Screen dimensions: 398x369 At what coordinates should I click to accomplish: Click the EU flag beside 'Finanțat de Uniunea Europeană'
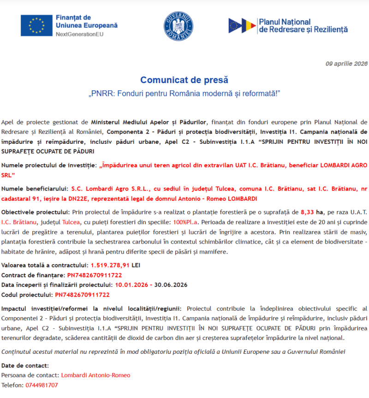36,25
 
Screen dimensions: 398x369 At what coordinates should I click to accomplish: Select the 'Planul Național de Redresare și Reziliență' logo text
303,26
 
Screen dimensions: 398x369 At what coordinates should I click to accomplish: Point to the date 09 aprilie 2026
346,64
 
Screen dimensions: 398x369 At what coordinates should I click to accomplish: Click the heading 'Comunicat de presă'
184,80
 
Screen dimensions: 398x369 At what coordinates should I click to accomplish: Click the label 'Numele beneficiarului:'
35,189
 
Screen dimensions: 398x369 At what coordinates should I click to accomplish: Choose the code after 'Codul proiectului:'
82,294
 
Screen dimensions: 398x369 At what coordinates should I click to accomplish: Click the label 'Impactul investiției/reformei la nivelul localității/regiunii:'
92,308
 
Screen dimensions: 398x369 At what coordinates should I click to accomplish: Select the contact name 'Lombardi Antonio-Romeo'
95,375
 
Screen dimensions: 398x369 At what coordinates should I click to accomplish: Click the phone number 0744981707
42,385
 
